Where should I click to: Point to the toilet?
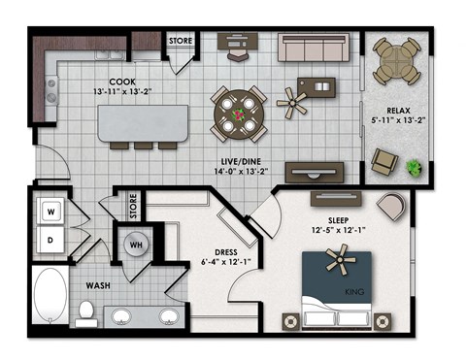pos(85,312)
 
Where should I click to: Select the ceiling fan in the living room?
pos(290,98)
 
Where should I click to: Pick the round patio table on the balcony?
pos(398,59)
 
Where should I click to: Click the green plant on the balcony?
pos(416,167)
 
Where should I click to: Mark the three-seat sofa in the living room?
pos(315,48)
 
